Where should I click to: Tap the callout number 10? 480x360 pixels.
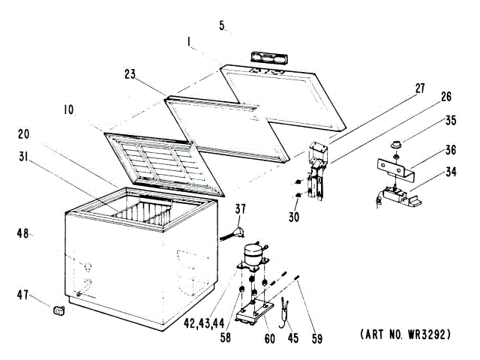69,109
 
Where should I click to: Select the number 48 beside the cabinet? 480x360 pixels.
23,234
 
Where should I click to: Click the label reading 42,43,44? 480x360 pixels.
202,325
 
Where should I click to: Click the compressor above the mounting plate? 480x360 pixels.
253,259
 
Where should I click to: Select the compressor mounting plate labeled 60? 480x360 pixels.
256,312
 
